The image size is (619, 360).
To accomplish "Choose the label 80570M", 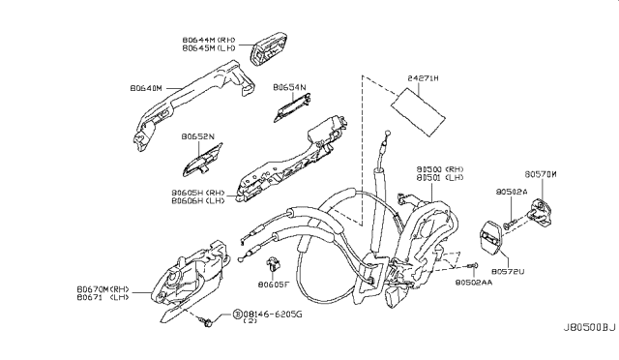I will coord(544,174).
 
